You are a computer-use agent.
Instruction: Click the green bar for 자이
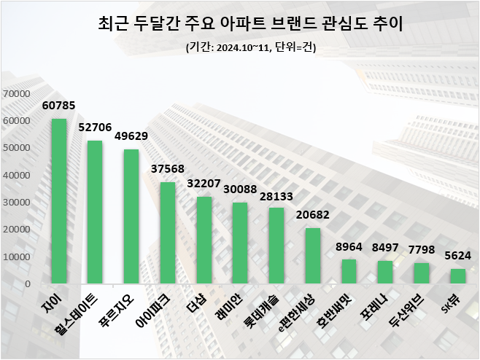(x=59, y=201)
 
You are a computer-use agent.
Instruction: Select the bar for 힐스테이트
(x=95, y=212)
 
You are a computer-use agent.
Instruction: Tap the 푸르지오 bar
(x=131, y=216)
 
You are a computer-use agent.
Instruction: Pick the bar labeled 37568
(x=168, y=232)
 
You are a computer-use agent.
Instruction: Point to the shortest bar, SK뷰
(x=457, y=276)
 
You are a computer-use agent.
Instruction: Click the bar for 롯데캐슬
(x=276, y=246)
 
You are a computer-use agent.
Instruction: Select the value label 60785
(x=58, y=106)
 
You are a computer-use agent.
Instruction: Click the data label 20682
(x=313, y=216)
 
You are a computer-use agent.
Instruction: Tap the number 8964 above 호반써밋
(x=349, y=248)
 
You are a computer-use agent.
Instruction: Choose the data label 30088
(x=240, y=190)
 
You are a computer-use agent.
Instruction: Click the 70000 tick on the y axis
(x=16, y=94)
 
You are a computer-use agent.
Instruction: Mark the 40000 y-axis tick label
(x=16, y=176)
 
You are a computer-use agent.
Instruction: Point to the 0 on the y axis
(x=26, y=284)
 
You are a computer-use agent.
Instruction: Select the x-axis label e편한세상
(x=296, y=311)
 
